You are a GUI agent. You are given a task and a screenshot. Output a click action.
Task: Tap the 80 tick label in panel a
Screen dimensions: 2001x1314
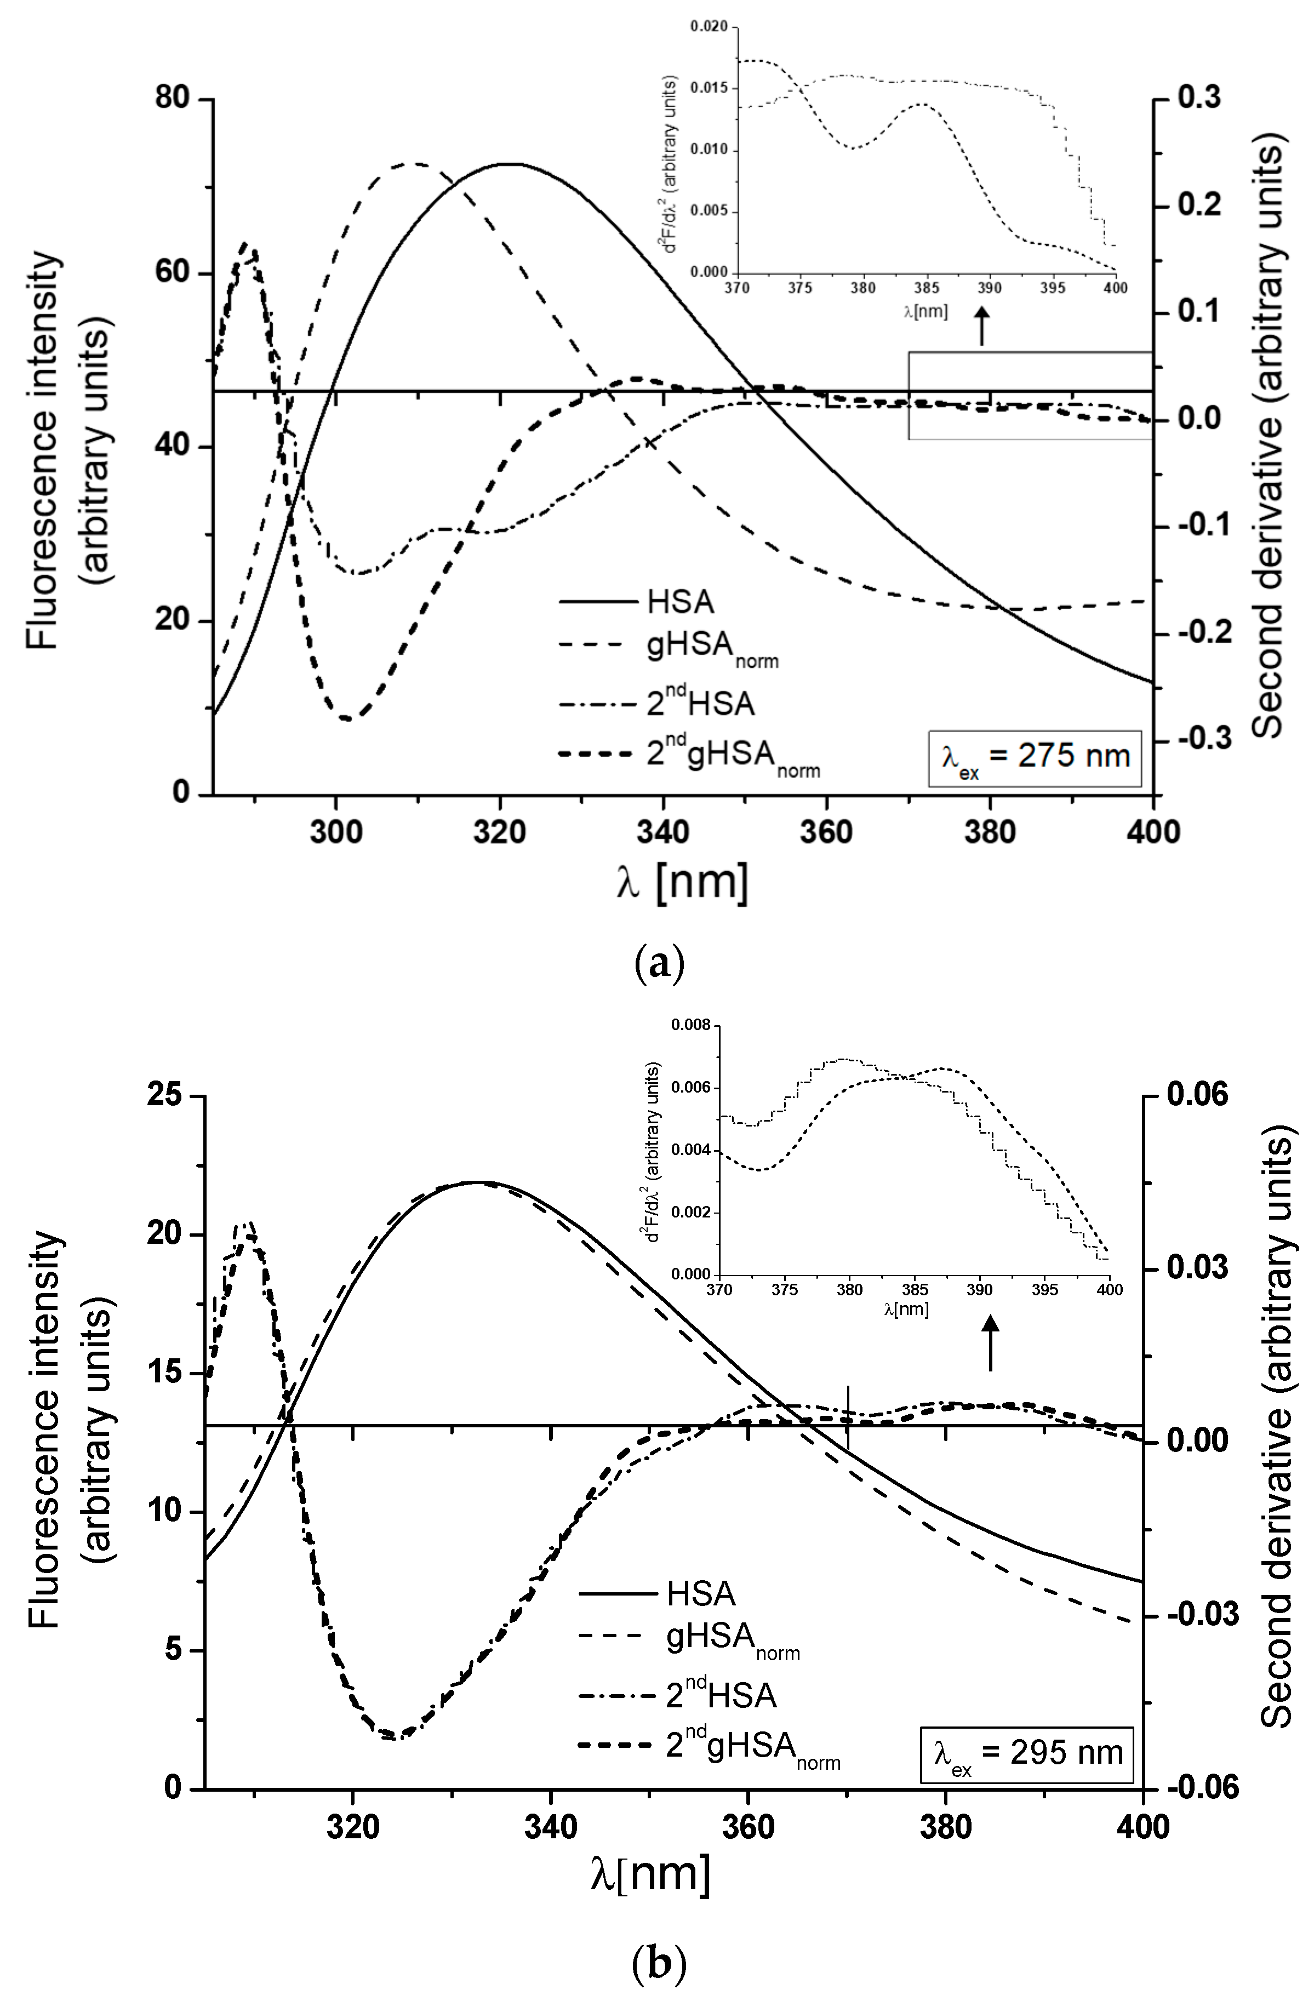pos(173,99)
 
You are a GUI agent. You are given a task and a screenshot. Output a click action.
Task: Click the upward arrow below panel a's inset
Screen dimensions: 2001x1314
pos(981,326)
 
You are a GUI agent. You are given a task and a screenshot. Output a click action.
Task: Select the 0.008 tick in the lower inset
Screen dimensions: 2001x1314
pos(690,1026)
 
